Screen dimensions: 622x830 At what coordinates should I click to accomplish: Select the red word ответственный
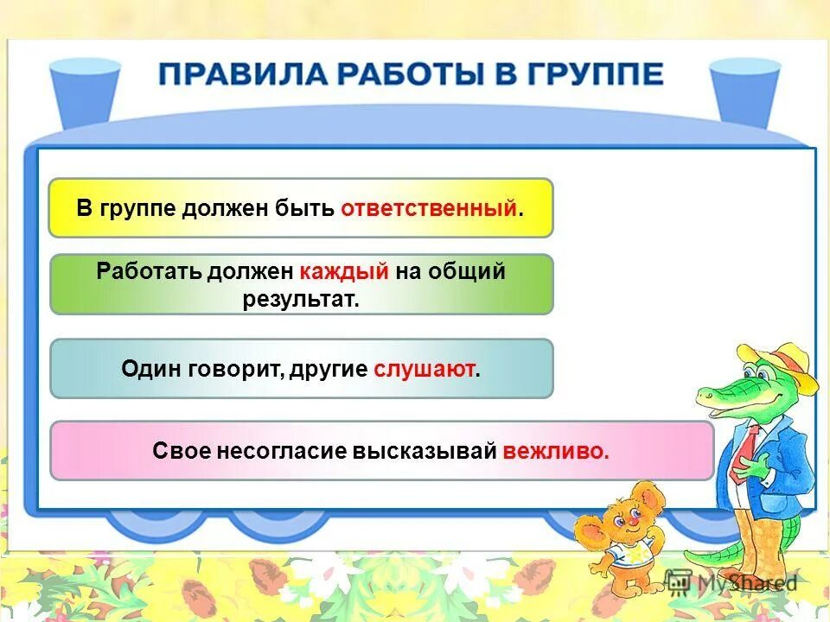[x=429, y=208]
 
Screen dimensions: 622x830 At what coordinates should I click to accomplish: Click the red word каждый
[x=345, y=271]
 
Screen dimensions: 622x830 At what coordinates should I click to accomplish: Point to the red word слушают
[x=424, y=369]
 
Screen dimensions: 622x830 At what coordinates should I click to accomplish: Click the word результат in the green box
[x=301, y=298]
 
